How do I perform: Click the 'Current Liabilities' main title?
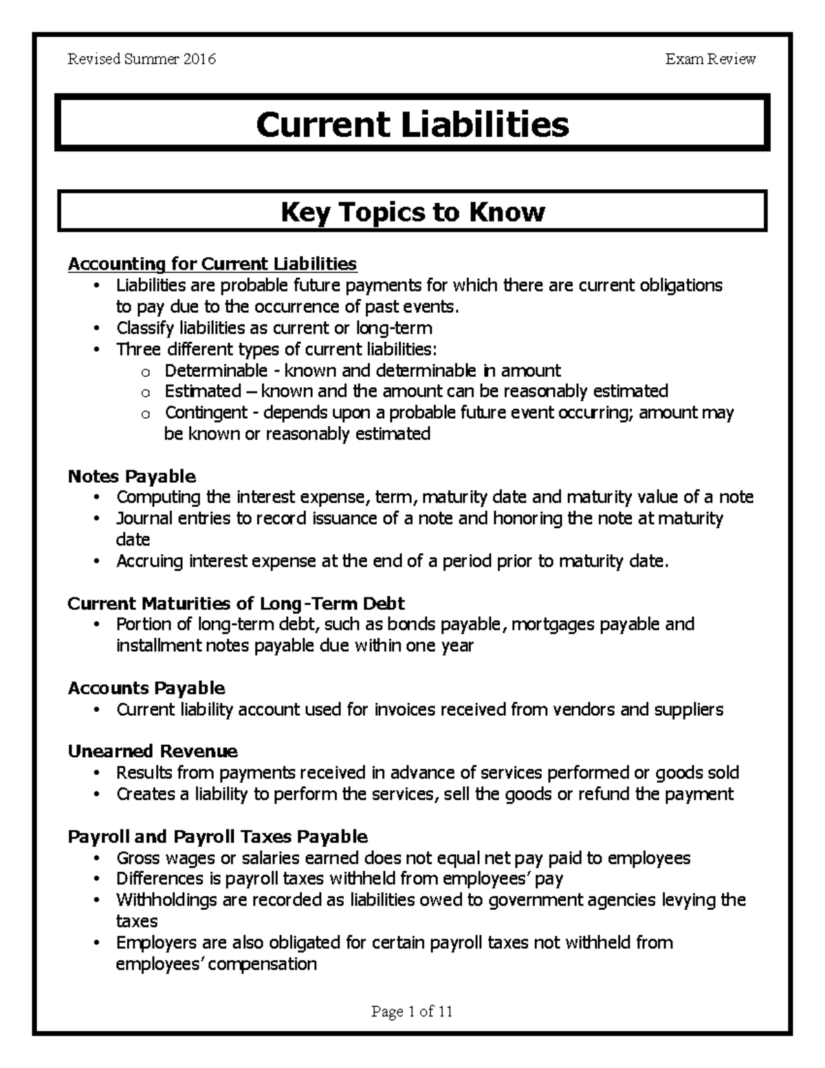coord(412,124)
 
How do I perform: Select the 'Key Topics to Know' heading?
coord(412,212)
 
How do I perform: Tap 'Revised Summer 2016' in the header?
coord(142,59)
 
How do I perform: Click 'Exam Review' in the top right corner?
coord(710,59)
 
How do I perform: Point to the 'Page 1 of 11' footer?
coord(412,1011)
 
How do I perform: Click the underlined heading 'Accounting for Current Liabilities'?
coord(212,264)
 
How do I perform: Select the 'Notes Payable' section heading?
coord(131,476)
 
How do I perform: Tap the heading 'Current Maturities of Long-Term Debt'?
coord(236,603)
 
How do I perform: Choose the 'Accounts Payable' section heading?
coord(146,688)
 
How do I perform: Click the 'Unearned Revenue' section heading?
coord(153,751)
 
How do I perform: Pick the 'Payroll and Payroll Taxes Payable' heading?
coord(218,836)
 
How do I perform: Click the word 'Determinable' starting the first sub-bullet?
coord(216,371)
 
